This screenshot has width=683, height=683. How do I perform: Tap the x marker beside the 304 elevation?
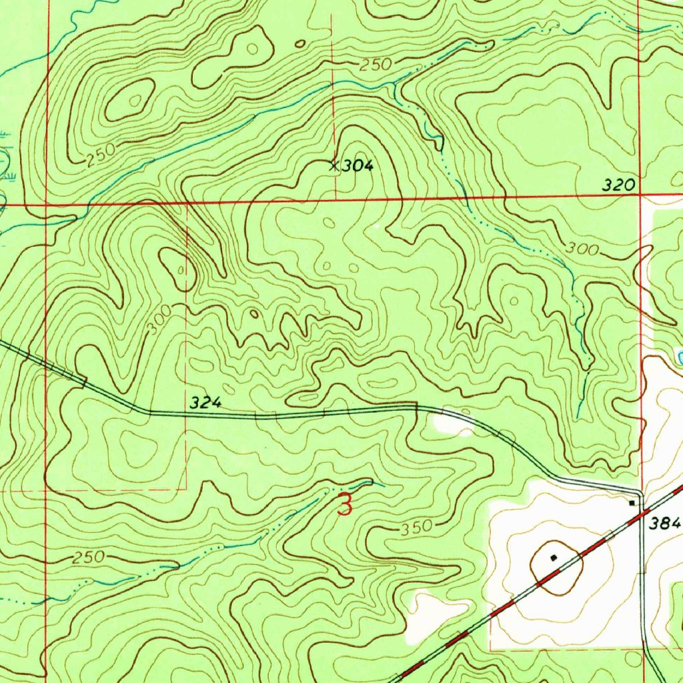334,165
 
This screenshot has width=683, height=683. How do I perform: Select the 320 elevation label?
618,186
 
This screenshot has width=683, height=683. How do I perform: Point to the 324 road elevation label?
204,403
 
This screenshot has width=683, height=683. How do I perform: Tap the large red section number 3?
344,504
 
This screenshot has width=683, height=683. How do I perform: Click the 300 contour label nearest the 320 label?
581,249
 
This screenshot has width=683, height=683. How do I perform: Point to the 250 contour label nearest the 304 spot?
375,65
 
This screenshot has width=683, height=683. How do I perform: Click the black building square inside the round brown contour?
554,556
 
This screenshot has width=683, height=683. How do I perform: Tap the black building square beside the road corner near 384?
632,503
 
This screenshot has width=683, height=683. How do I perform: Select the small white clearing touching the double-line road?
452,423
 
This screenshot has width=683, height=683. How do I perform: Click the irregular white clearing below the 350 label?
434,610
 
